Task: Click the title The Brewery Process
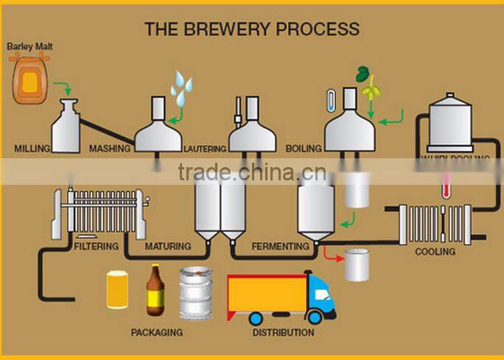pyautogui.click(x=252, y=29)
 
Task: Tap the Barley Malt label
pyautogui.click(x=30, y=46)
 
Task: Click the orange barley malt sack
pyautogui.click(x=30, y=80)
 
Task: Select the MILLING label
pyautogui.click(x=32, y=149)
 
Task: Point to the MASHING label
pyautogui.click(x=110, y=149)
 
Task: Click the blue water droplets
pyautogui.click(x=181, y=88)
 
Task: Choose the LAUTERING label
pyautogui.click(x=206, y=149)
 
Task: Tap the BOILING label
pyautogui.click(x=304, y=149)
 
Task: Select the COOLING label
pyautogui.click(x=435, y=252)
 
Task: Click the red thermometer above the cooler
pyautogui.click(x=445, y=185)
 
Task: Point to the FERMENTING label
pyautogui.click(x=280, y=247)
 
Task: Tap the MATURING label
pyautogui.click(x=168, y=247)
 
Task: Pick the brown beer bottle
pyautogui.click(x=155, y=290)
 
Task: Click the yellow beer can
pyautogui.click(x=119, y=290)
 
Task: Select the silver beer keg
pyautogui.click(x=195, y=292)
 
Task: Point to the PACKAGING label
pyautogui.click(x=156, y=333)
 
